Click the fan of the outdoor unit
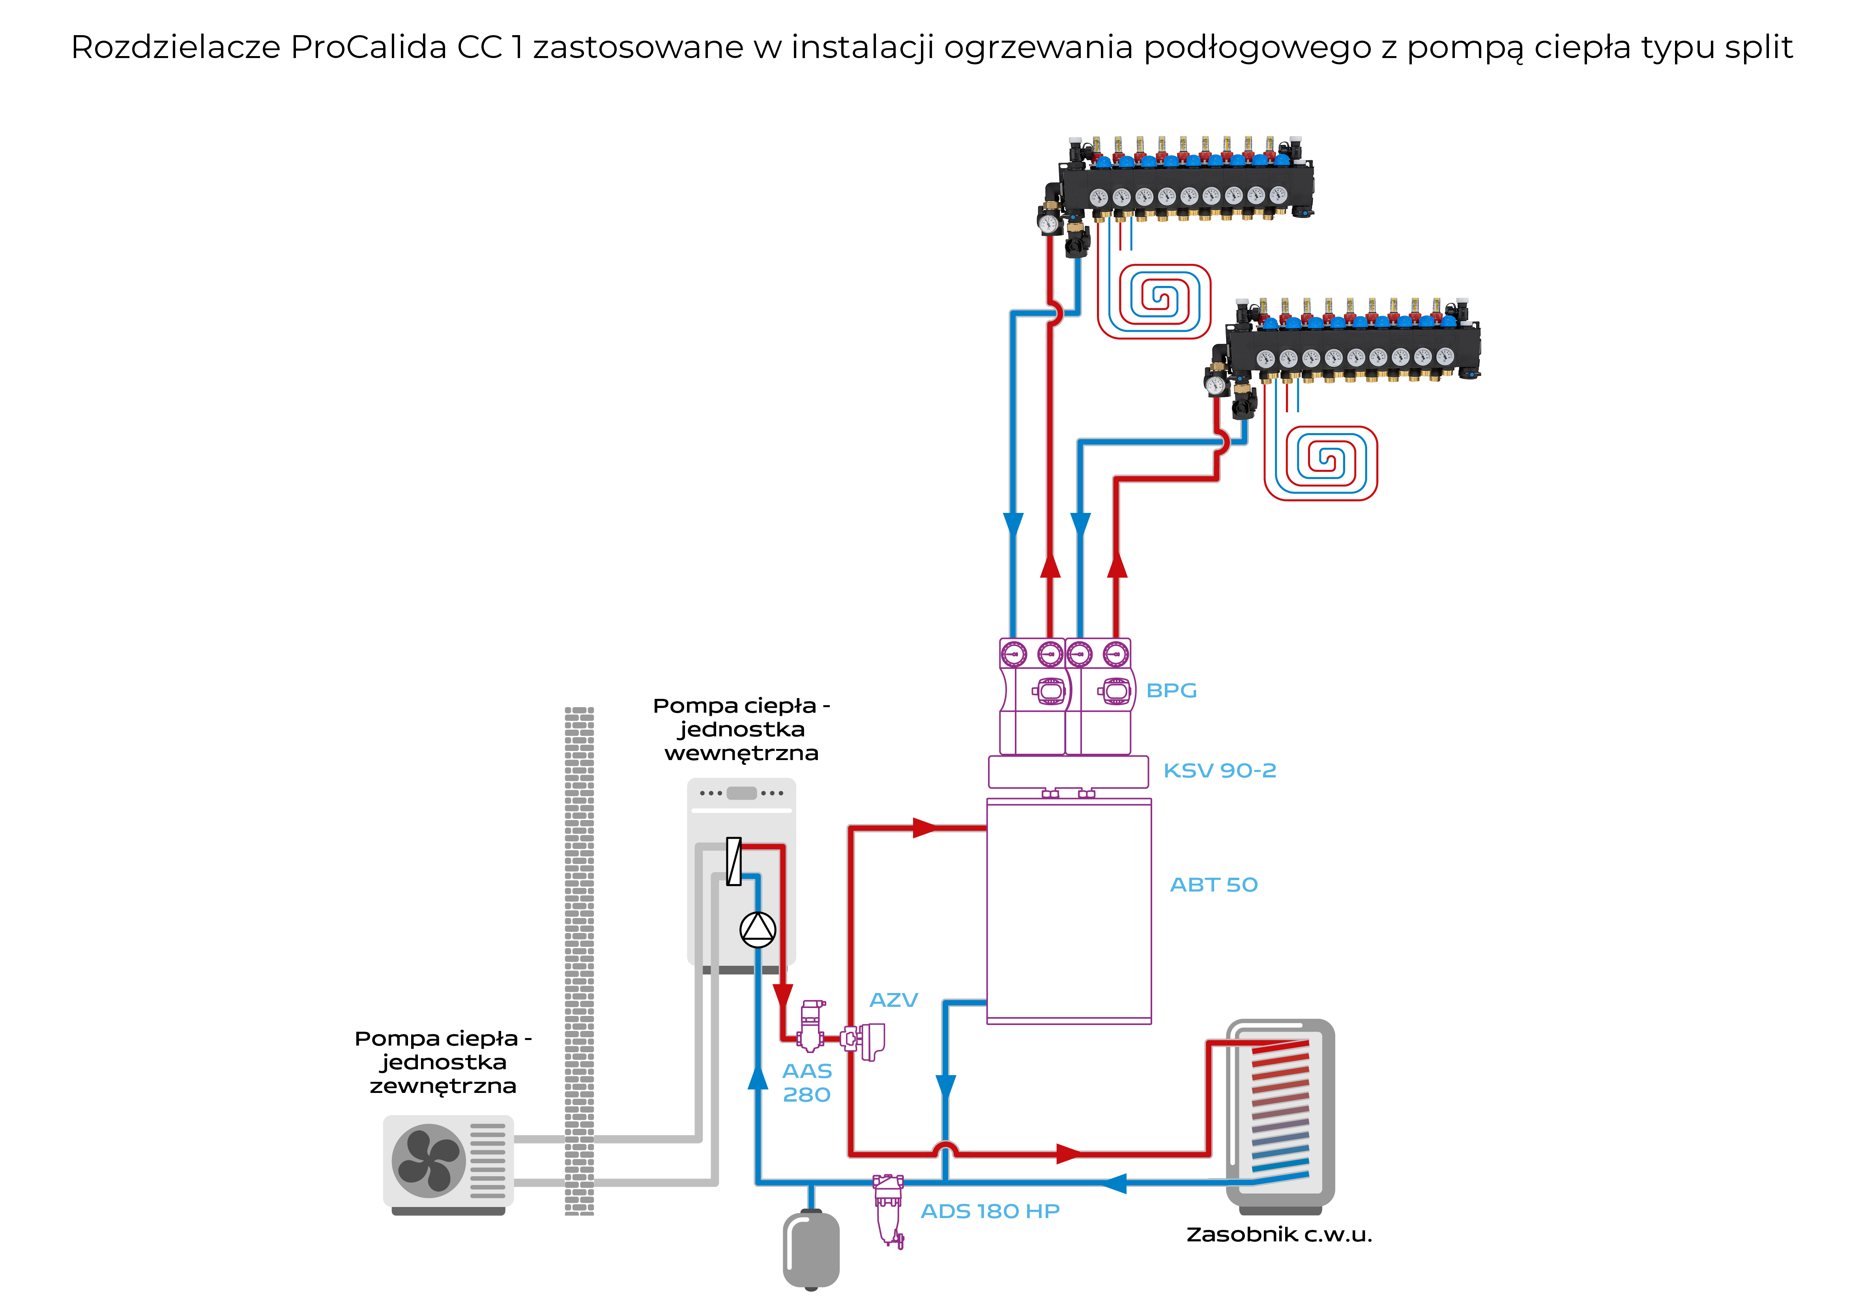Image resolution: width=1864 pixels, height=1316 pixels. (429, 1161)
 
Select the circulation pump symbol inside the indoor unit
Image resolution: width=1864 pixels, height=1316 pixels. (758, 929)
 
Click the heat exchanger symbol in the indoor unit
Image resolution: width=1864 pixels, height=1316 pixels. (734, 861)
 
